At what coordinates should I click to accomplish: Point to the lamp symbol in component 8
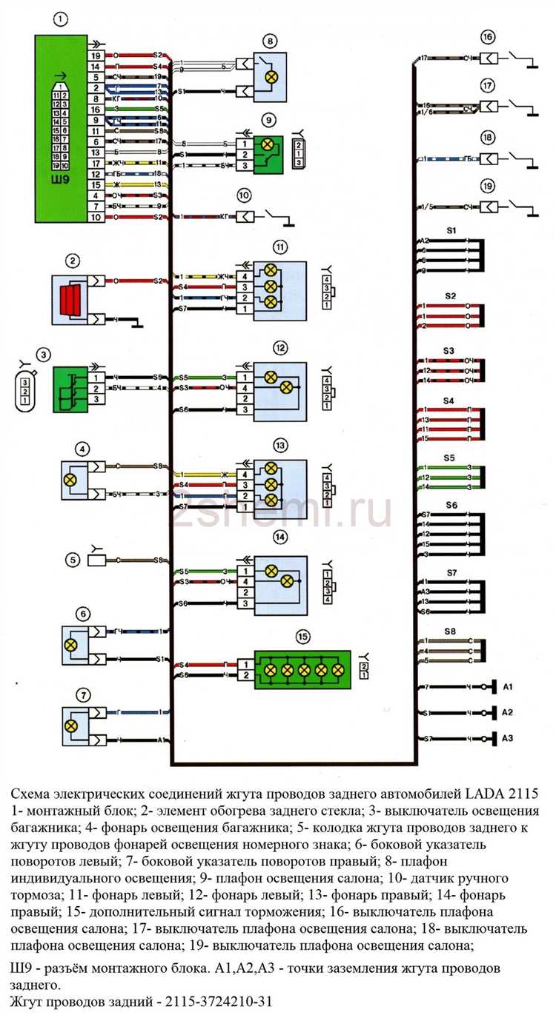click(271, 76)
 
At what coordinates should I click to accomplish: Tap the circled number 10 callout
click(245, 195)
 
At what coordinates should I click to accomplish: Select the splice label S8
click(450, 630)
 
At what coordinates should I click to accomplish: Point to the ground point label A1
click(508, 688)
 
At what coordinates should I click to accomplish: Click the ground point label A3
click(508, 738)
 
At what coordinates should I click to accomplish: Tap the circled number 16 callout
click(487, 37)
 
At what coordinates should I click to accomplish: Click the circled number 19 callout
click(487, 187)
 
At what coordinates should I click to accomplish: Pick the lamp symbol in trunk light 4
click(71, 480)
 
